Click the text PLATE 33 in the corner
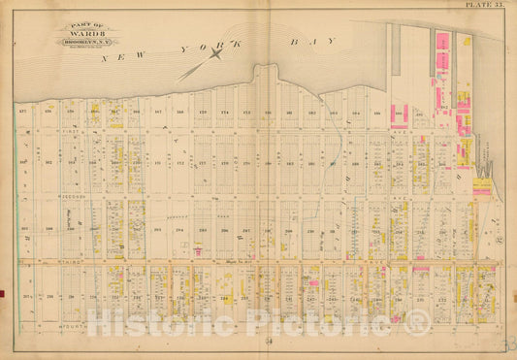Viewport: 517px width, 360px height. click(482, 6)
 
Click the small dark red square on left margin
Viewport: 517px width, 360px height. click(3, 293)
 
